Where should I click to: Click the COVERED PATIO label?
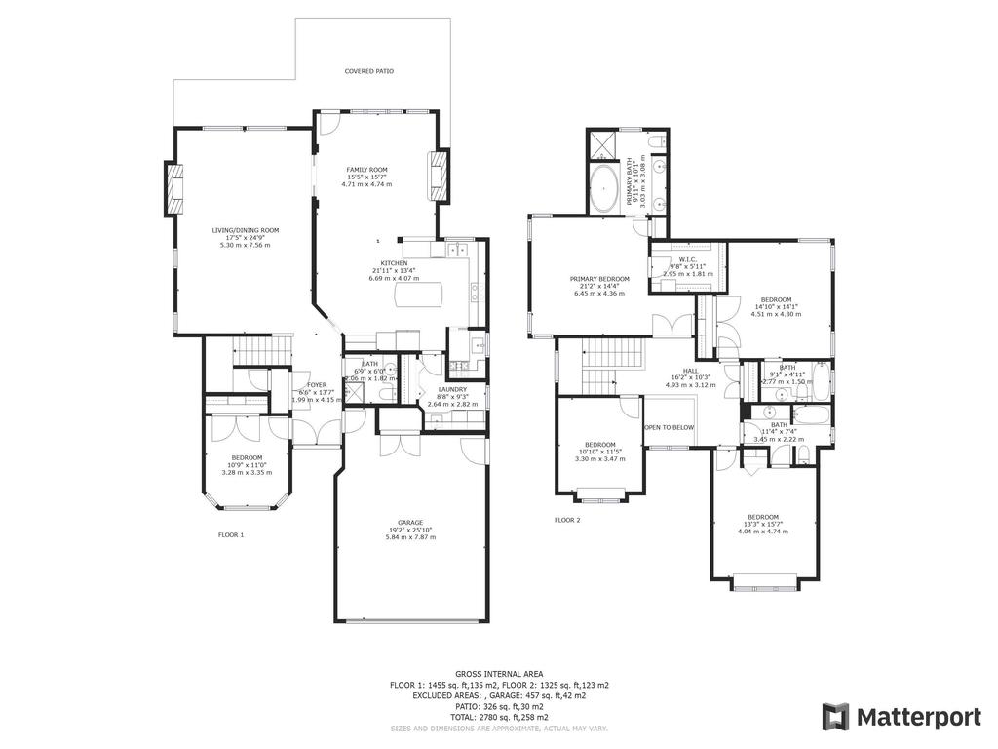tap(369, 71)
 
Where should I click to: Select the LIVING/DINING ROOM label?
tap(246, 230)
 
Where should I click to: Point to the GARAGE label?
tap(410, 522)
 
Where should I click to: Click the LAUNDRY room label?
tap(453, 389)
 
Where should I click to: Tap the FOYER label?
tap(317, 385)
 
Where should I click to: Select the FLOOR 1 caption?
tap(231, 534)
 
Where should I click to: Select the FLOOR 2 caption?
tap(567, 520)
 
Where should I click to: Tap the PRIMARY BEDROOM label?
tap(599, 279)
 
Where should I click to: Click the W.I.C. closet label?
tap(687, 259)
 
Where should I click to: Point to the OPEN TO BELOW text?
tap(669, 427)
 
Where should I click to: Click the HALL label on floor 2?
tap(690, 371)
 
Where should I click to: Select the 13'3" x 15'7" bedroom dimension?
tap(763, 525)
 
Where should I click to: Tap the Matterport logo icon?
tap(835, 717)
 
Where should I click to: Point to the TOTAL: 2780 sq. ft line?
tap(499, 717)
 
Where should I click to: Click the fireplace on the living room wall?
tap(174, 189)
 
